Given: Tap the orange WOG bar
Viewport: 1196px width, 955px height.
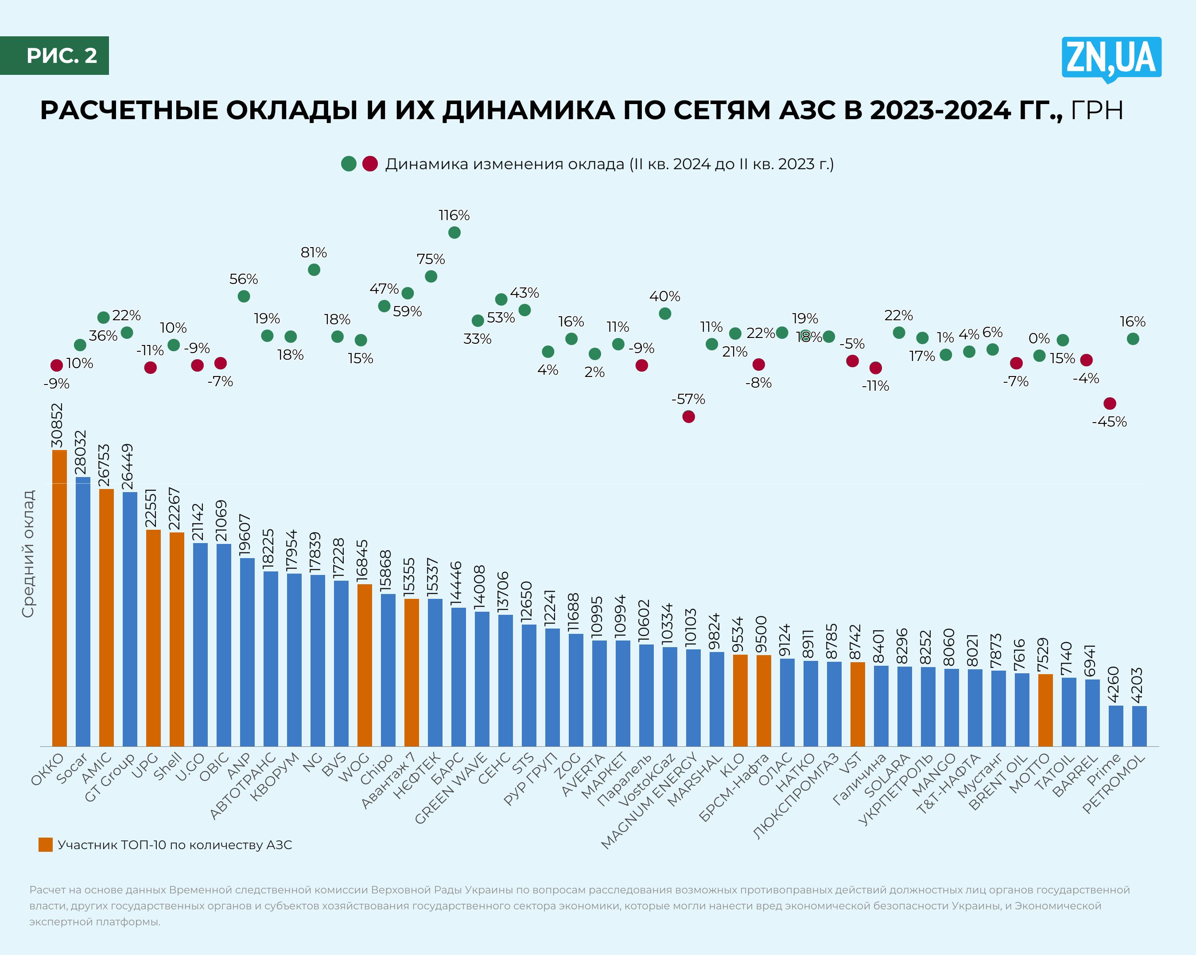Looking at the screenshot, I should point(365,665).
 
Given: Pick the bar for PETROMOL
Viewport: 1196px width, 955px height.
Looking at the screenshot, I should point(1139,726).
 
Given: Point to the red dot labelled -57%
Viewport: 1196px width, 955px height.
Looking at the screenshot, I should point(688,416).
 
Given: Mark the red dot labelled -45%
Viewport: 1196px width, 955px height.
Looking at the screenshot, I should point(1110,403).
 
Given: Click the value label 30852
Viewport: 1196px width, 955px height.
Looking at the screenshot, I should point(57,425).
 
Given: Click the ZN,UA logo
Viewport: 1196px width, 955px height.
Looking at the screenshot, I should point(1111,59).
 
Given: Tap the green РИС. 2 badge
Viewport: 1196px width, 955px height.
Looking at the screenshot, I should point(54,55).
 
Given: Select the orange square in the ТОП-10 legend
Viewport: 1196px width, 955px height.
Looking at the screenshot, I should point(46,845).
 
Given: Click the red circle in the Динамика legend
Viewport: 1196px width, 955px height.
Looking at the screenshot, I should point(370,164).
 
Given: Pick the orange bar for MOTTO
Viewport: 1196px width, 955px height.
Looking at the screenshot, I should point(1045,710).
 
